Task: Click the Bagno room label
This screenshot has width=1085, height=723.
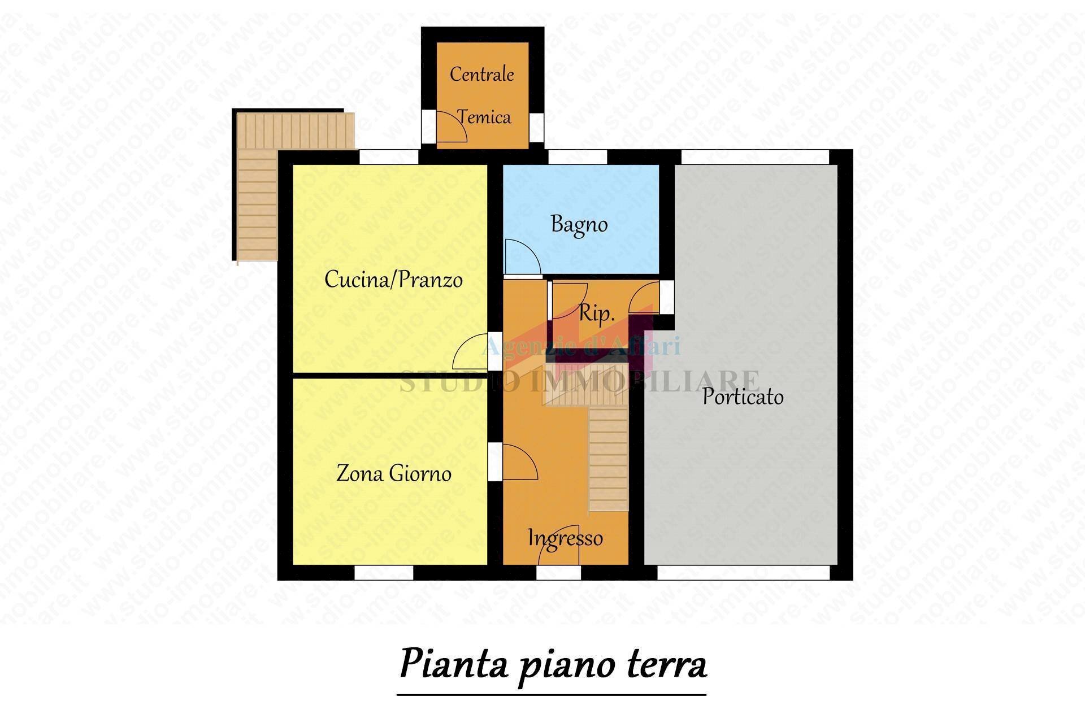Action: pyautogui.click(x=579, y=225)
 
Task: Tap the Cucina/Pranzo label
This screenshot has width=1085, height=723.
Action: pyautogui.click(x=393, y=280)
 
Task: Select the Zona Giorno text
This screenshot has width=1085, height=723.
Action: pyautogui.click(x=394, y=473)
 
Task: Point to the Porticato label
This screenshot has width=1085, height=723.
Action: pyautogui.click(x=743, y=397)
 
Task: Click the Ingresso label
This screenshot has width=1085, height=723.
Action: pyautogui.click(x=565, y=538)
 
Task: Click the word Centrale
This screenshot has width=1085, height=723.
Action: pyautogui.click(x=481, y=74)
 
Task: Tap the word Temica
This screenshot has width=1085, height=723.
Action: pyautogui.click(x=484, y=117)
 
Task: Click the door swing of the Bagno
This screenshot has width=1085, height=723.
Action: pyautogui.click(x=521, y=257)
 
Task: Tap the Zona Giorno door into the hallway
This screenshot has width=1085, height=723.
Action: pyautogui.click(x=519, y=462)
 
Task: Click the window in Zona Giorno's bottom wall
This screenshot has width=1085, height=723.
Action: pyautogui.click(x=384, y=572)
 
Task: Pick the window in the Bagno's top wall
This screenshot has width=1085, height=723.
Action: pyautogui.click(x=577, y=156)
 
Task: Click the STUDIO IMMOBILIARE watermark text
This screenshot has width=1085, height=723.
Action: pyautogui.click(x=579, y=380)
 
